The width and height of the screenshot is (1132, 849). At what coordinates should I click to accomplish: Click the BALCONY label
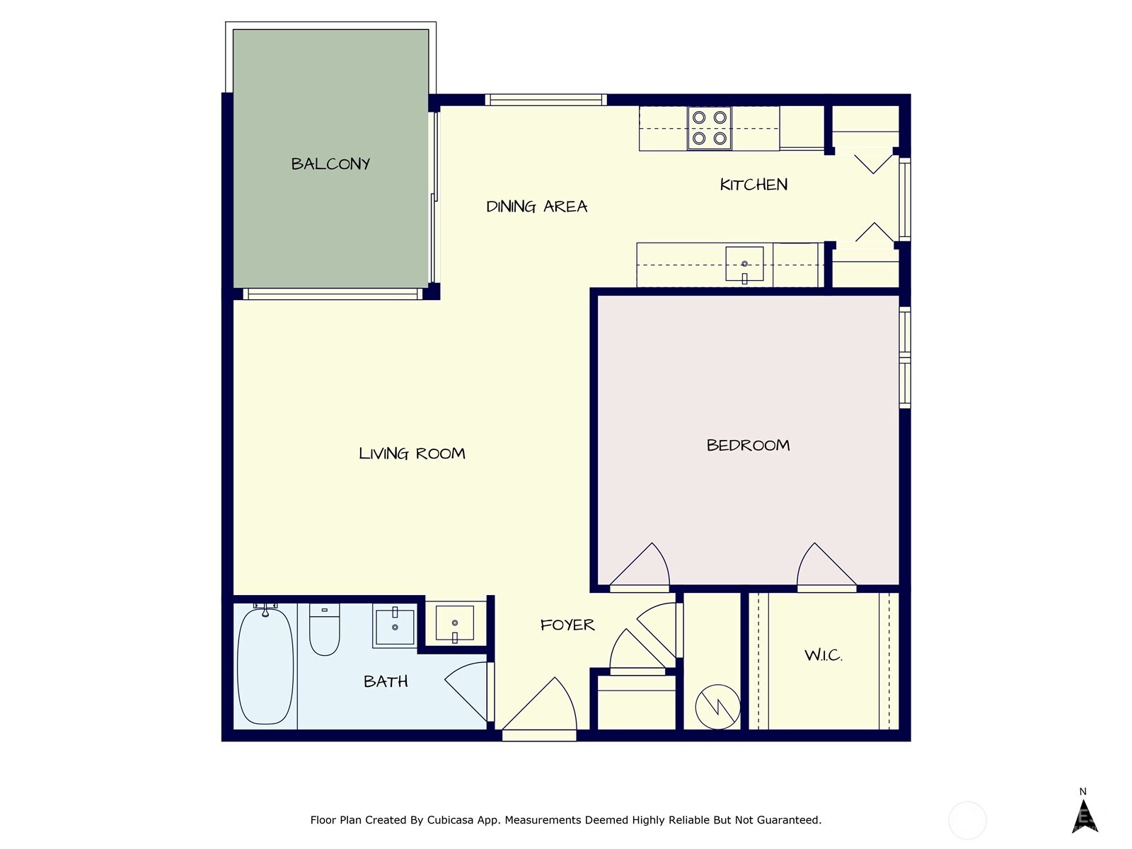pos(330,163)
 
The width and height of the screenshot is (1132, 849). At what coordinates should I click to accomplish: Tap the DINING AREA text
pos(536,207)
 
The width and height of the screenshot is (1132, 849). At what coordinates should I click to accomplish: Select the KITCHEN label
pos(753,185)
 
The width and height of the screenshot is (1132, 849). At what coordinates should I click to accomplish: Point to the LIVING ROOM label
pos(412,454)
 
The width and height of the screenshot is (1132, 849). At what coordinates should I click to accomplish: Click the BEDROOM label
pos(748,445)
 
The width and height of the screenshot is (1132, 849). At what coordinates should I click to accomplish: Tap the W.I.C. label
pos(823,655)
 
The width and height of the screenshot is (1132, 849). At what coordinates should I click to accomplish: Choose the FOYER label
pos(567,625)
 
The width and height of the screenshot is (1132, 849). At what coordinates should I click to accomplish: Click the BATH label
pos(386,681)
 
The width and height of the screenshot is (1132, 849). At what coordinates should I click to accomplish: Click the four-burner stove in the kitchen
pos(709,128)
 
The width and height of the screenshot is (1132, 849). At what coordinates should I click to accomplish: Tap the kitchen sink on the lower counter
pos(744,264)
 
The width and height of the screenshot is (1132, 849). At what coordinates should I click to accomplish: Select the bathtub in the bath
pos(265,666)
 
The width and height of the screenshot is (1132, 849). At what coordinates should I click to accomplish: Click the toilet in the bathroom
pos(324,630)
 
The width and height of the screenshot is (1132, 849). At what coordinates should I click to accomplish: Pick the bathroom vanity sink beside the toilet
pos(394,626)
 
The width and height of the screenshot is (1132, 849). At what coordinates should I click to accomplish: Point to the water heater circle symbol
pos(717,706)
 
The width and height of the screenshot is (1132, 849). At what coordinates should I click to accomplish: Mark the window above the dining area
pos(545,100)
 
